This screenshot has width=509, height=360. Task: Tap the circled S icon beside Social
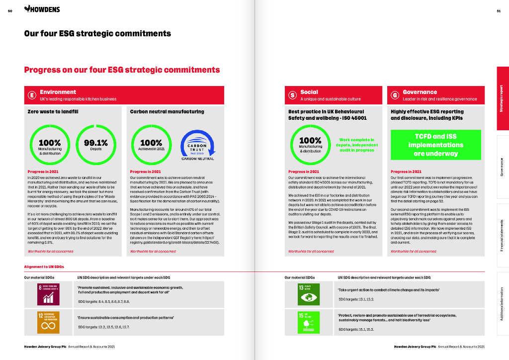[293, 95]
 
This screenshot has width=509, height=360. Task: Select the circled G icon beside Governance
[396, 95]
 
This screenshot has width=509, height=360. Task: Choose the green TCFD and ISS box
[436, 145]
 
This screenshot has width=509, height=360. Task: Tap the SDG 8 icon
[49, 294]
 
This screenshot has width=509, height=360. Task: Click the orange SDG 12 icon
[49, 321]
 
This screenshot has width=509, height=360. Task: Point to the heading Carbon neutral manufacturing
[167, 112]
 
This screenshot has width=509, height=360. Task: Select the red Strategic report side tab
[502, 99]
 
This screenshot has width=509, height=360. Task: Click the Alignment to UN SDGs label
[45, 268]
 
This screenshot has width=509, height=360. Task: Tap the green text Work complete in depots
[357, 145]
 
